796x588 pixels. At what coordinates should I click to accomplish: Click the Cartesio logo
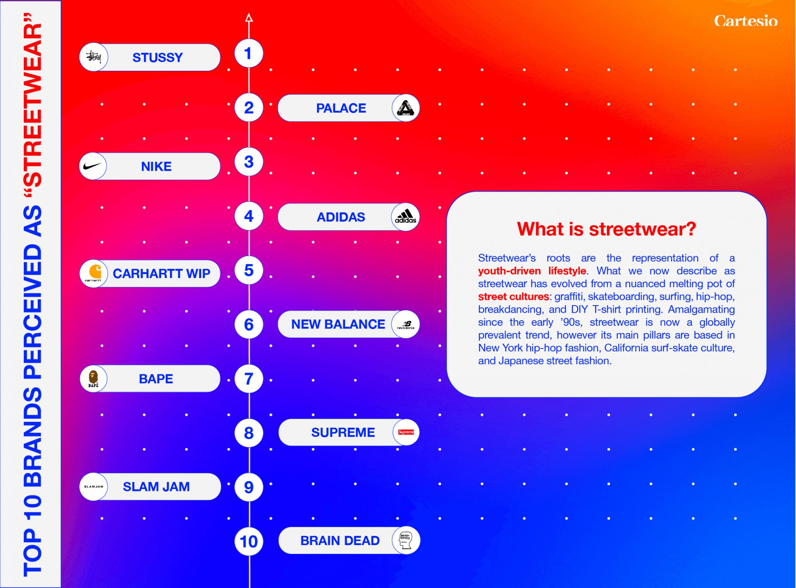tap(745, 21)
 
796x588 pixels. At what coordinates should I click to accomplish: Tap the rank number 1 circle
tap(249, 53)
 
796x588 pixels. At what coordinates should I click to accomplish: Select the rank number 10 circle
tap(249, 541)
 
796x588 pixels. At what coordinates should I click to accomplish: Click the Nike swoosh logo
tap(93, 166)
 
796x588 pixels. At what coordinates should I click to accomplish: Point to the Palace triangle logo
tap(406, 108)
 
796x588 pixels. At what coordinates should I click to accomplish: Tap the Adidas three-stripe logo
tap(406, 216)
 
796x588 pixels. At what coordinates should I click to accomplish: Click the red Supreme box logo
tap(406, 432)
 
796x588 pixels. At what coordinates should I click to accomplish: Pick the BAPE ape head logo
tap(93, 378)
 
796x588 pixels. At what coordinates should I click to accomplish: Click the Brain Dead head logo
tap(406, 540)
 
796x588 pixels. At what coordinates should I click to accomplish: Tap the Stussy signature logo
tap(94, 57)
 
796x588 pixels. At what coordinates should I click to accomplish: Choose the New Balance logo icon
tap(406, 325)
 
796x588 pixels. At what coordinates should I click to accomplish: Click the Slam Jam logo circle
tap(94, 487)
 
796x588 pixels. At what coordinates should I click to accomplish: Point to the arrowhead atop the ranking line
tap(249, 18)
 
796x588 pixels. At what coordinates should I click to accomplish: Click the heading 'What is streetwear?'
tap(606, 229)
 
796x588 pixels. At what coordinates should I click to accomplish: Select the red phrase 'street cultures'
tap(513, 296)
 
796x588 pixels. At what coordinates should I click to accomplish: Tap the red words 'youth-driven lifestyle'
tap(532, 271)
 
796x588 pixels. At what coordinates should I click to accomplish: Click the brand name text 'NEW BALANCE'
tap(338, 324)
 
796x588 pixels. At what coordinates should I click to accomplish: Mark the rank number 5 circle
tap(249, 270)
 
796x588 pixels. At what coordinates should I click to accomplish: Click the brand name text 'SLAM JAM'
tap(156, 487)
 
